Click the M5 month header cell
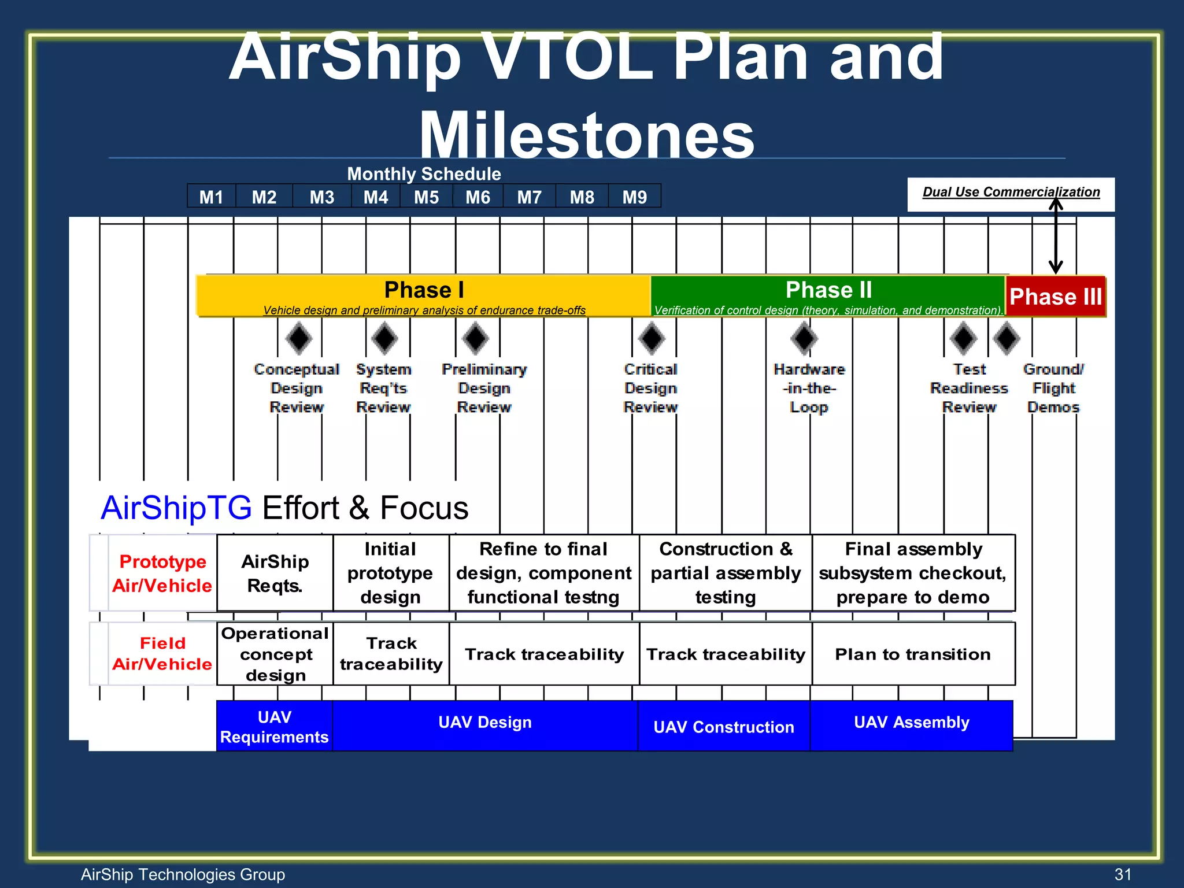click(426, 197)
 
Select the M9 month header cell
click(634, 197)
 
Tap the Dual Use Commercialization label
click(1011, 193)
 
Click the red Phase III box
click(1055, 297)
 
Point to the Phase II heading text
click(828, 290)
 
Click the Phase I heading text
click(424, 290)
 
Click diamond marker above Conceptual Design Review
click(299, 338)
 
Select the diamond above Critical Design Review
click(652, 338)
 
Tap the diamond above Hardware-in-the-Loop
click(804, 338)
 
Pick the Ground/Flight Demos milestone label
click(1053, 388)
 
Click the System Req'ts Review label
click(383, 388)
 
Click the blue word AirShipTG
click(176, 508)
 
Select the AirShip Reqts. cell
click(275, 573)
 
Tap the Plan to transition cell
click(913, 654)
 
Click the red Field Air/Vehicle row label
click(162, 654)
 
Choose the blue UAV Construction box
click(723, 727)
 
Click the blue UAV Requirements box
click(274, 727)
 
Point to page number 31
click(1122, 874)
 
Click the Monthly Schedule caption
click(424, 174)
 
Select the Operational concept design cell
click(275, 654)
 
